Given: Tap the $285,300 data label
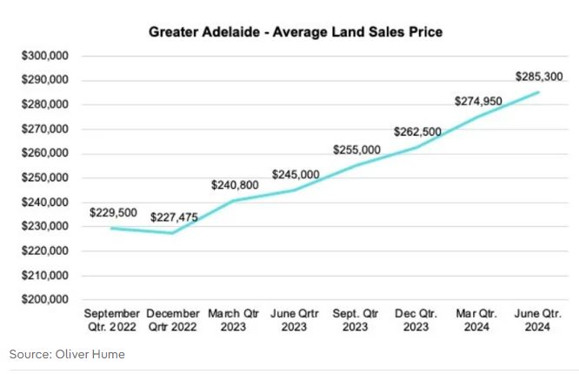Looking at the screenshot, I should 539,77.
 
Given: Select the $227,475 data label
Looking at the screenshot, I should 174,217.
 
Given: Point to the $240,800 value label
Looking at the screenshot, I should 235,185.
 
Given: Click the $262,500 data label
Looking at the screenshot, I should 418,131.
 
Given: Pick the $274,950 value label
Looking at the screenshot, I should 478,102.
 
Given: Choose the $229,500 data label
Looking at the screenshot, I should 113,212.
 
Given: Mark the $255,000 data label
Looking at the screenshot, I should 356,150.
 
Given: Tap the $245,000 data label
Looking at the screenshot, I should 296,174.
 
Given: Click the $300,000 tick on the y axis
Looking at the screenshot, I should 45,56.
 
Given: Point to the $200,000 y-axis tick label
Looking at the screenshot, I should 45,300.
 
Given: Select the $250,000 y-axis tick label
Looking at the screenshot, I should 45,178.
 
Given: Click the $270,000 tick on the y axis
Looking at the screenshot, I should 45,129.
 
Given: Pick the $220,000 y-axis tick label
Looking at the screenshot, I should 45,251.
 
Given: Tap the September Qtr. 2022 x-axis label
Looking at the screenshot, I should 111,320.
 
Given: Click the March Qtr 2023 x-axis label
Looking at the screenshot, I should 234,320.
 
